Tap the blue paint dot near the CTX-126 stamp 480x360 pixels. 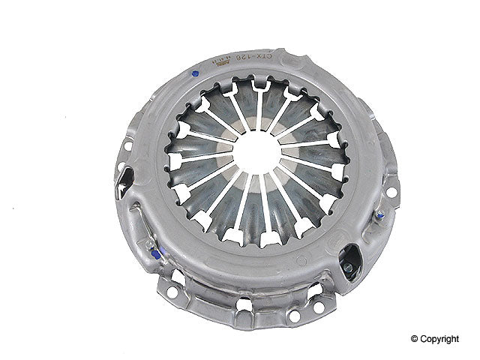[x=195, y=73]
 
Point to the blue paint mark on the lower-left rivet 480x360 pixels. [x=155, y=255]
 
